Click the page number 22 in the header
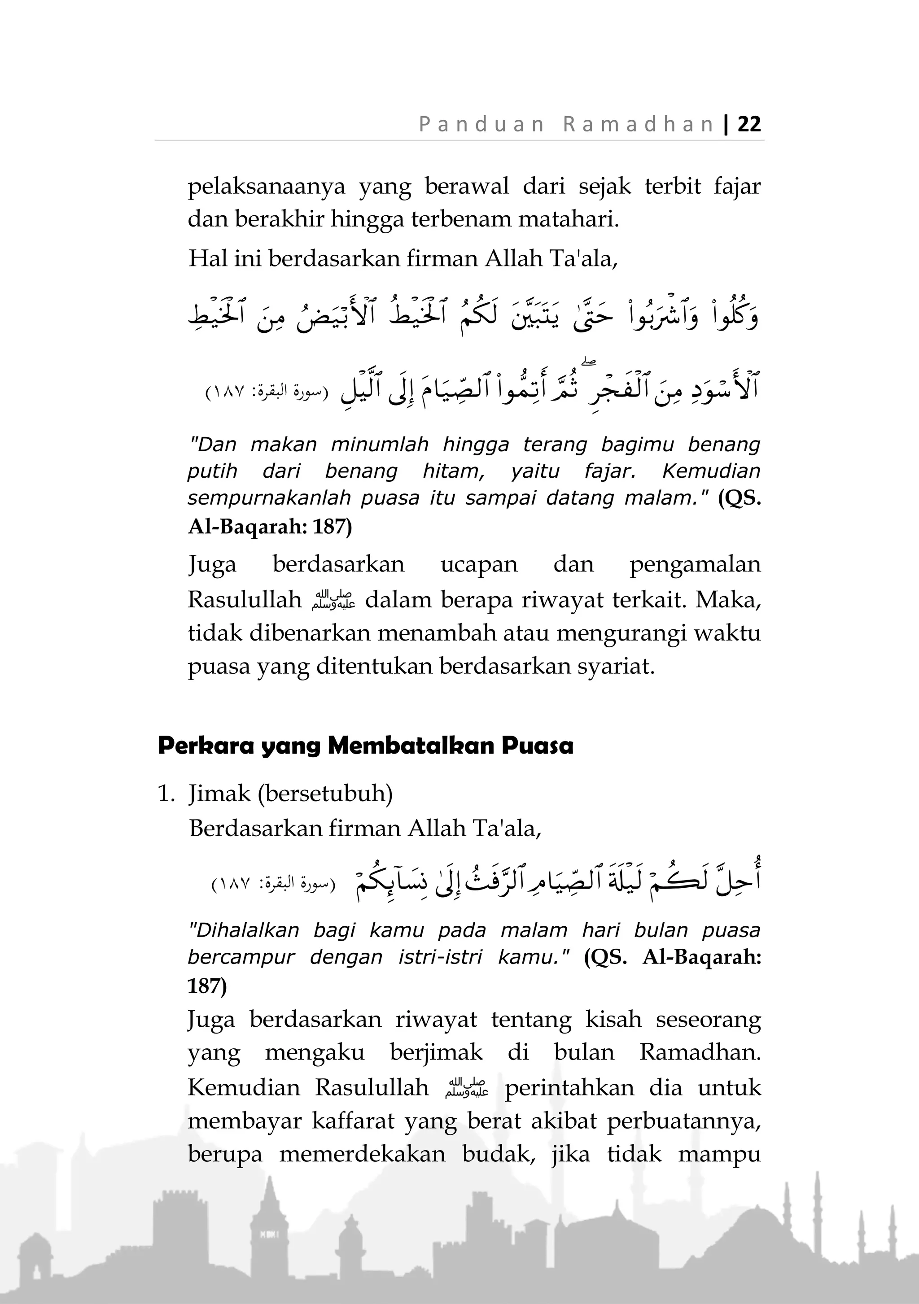click(x=748, y=124)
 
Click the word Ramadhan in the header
click(x=639, y=124)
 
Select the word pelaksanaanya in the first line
click(x=267, y=186)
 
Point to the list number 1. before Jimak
click(x=166, y=793)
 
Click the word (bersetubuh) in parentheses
click(x=325, y=793)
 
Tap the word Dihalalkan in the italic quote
click(x=243, y=930)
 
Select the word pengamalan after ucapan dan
click(x=695, y=565)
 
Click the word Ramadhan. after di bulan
click(x=700, y=1052)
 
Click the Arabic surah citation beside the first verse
click(x=267, y=392)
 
